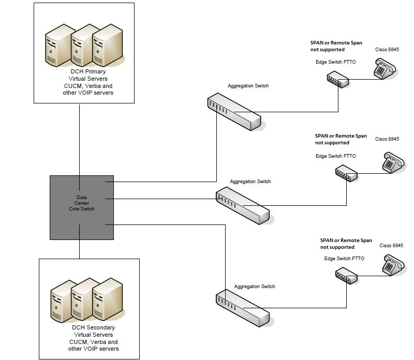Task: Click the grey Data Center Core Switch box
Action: [82, 207]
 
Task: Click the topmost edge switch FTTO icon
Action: [337, 80]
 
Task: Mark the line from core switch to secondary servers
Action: [79, 249]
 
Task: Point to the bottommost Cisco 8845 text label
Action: [392, 245]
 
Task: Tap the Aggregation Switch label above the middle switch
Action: [250, 182]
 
